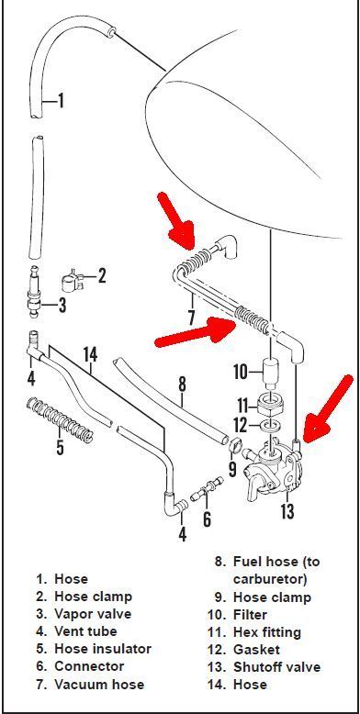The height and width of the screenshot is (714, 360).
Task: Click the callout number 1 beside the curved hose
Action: coord(60,101)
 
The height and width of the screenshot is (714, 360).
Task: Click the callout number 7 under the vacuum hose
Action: coord(191,316)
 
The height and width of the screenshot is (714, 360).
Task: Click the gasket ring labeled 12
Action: coord(271,426)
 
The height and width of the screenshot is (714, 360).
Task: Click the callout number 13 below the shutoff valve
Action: coord(287,511)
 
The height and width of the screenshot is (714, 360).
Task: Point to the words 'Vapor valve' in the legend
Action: coord(93,613)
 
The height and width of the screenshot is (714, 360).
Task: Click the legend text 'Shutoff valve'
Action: coord(276,667)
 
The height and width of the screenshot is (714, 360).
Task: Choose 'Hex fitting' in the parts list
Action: coord(267,632)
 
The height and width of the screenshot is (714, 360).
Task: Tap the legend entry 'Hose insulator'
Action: coord(103,649)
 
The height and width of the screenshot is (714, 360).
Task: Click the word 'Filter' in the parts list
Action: coord(250,615)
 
